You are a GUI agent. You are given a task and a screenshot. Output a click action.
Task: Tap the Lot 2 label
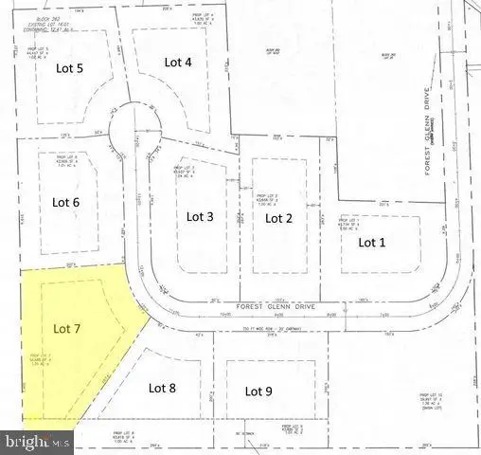[277, 218]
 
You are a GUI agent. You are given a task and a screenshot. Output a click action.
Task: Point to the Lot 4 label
[178, 62]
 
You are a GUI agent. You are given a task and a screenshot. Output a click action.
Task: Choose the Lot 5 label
[67, 68]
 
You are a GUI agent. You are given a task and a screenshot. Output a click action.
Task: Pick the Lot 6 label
[65, 201]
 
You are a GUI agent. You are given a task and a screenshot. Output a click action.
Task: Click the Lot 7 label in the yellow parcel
[68, 329]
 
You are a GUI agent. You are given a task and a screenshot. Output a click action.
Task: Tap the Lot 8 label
[164, 387]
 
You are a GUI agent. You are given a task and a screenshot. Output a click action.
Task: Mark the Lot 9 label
[258, 391]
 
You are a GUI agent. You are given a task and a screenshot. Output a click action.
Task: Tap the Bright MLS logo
[38, 442]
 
